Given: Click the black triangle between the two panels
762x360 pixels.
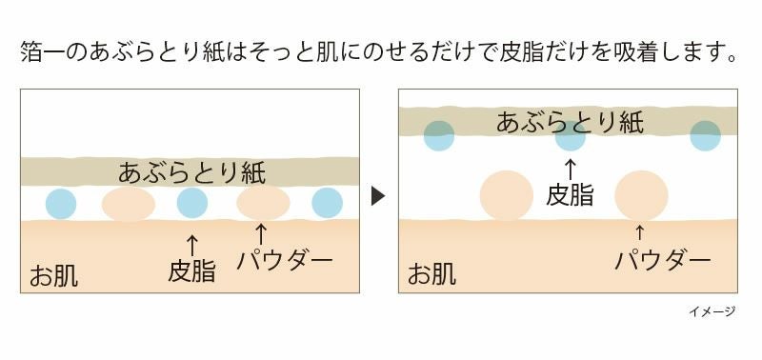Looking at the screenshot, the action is [x=378, y=197].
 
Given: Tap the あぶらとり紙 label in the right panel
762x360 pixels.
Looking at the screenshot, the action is [x=570, y=122].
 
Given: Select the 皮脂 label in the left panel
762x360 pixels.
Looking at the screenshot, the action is [x=191, y=270].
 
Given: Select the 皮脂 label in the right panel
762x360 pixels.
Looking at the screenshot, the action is [x=570, y=195].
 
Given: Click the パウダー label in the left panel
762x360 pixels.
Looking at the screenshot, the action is [x=285, y=259].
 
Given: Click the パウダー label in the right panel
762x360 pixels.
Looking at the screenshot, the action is [x=663, y=259].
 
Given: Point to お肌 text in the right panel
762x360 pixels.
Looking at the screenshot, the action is [x=431, y=275].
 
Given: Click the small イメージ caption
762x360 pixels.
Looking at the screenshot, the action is [x=712, y=310].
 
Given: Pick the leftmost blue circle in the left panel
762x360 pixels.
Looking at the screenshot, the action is [x=60, y=203].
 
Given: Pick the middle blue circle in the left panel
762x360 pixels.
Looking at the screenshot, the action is [x=191, y=203].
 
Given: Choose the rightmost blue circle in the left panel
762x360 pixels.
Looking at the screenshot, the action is [x=327, y=203].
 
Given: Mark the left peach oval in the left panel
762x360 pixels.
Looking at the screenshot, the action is [x=128, y=204].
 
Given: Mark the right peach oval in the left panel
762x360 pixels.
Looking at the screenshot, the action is [x=263, y=203].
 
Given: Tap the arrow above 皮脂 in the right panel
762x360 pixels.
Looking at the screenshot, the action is [x=570, y=169].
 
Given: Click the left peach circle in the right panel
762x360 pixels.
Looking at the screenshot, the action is [x=506, y=195].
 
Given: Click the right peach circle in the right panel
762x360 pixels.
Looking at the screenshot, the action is [x=640, y=195].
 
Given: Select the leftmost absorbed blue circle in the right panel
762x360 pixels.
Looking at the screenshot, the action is [x=439, y=135].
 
